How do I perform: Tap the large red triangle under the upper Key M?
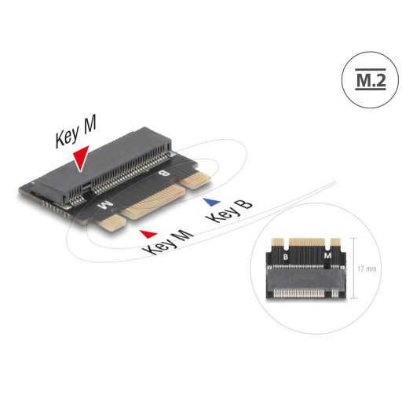tap(79, 159)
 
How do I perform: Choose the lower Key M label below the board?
tap(170, 243)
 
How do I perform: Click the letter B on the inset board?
tap(286, 256)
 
